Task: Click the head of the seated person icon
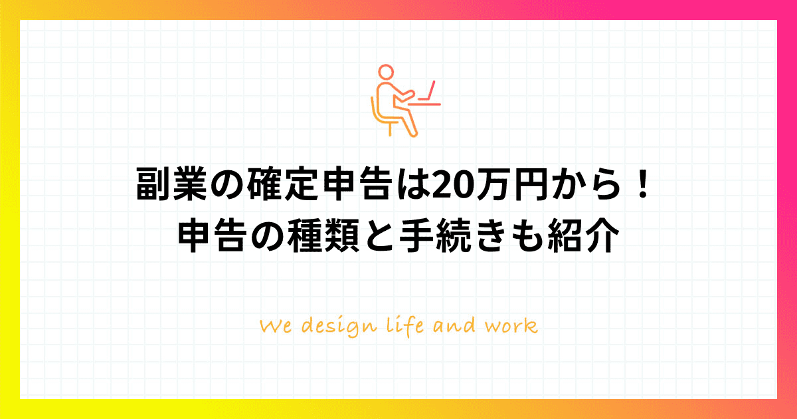pos(386,72)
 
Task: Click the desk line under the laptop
pos(424,104)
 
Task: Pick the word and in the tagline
pos(454,326)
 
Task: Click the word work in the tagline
pos(511,326)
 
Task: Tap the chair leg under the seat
pos(391,129)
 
